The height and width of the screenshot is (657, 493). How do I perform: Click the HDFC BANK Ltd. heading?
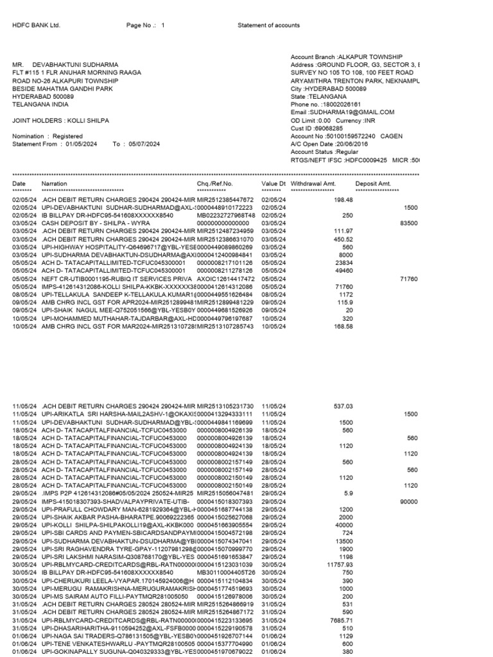(36, 25)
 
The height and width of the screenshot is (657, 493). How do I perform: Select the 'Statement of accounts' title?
(268, 25)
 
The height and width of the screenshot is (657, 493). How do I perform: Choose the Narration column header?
(54, 184)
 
